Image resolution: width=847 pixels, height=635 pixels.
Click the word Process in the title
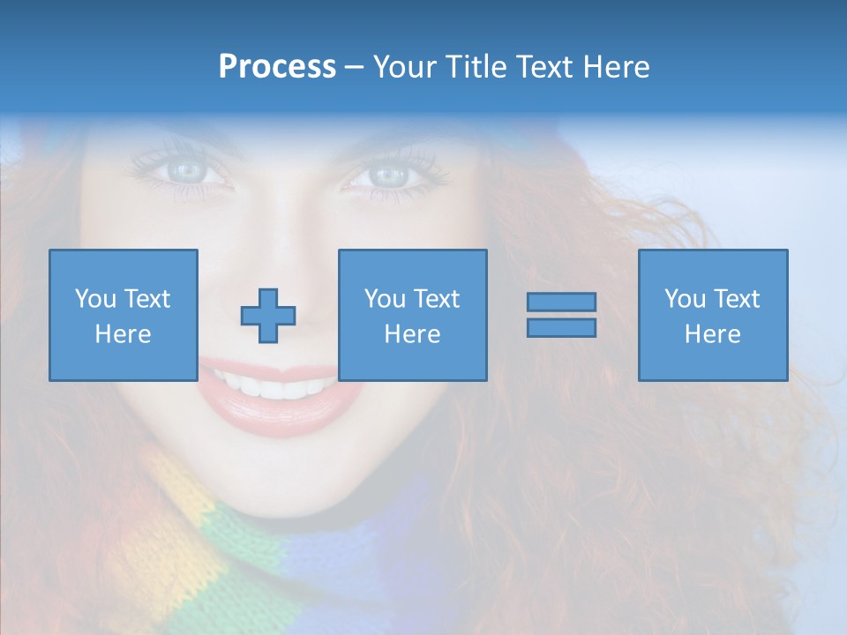tap(277, 67)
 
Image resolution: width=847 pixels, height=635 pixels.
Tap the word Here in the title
tap(616, 67)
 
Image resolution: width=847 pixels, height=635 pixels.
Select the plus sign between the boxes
tap(268, 316)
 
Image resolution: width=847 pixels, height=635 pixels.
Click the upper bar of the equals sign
tap(561, 303)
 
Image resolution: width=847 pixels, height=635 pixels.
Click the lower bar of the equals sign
tap(561, 328)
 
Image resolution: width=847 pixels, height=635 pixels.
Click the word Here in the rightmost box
tap(712, 334)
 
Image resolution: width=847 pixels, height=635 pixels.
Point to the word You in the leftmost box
tap(94, 299)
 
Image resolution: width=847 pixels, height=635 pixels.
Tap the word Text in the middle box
tap(437, 299)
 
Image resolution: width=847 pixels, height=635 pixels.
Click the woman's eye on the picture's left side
tap(186, 169)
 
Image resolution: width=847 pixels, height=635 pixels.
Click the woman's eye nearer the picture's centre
tap(388, 175)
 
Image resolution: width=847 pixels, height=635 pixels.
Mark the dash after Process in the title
tap(354, 67)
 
